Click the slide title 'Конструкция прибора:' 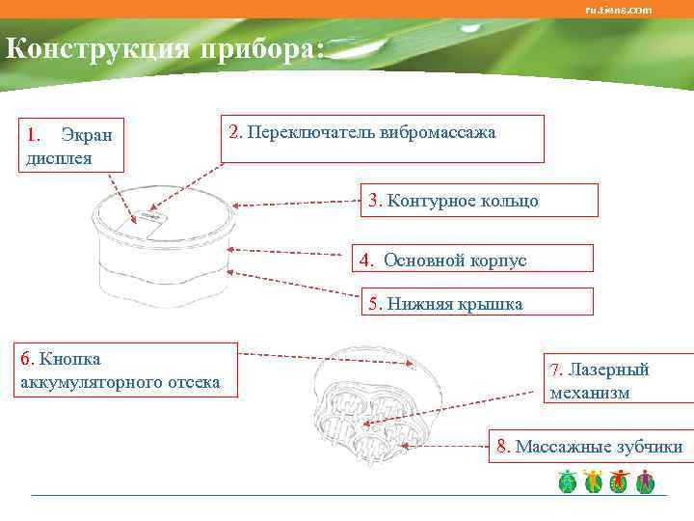pyautogui.click(x=164, y=48)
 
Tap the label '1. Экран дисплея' pyautogui.click(x=67, y=145)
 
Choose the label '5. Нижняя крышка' pyautogui.click(x=476, y=304)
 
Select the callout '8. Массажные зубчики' pyautogui.click(x=591, y=447)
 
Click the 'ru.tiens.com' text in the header pyautogui.click(x=618, y=10)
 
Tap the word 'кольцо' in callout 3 pyautogui.click(x=509, y=201)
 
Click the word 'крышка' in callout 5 pyautogui.click(x=491, y=304)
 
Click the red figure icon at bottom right pyautogui.click(x=619, y=481)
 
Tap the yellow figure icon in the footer pyautogui.click(x=593, y=481)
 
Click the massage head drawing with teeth pyautogui.click(x=361, y=415)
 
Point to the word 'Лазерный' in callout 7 pyautogui.click(x=608, y=370)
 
